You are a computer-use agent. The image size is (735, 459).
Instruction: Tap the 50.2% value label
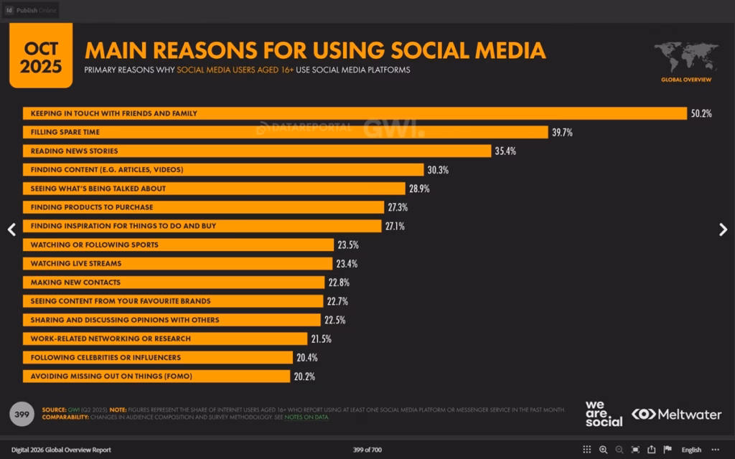(x=701, y=113)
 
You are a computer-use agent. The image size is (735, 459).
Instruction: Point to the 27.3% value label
(x=398, y=207)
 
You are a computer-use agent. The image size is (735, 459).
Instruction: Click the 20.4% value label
(x=306, y=357)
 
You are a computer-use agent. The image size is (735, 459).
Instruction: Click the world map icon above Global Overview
(x=685, y=57)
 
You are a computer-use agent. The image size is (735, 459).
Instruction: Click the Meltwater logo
(x=676, y=415)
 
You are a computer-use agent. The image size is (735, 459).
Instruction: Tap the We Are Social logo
(x=604, y=414)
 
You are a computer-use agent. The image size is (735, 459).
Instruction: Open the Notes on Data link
(x=306, y=417)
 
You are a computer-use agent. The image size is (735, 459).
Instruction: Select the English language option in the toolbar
(x=691, y=450)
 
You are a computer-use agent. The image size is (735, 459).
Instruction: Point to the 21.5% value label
(x=321, y=339)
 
